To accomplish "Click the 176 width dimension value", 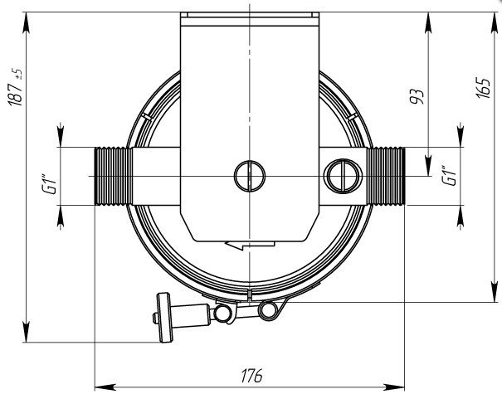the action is pyautogui.click(x=251, y=375).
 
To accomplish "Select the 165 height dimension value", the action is pyautogui.click(x=484, y=88).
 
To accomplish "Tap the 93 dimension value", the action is pyautogui.click(x=417, y=96).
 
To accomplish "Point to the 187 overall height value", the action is pyautogui.click(x=15, y=94).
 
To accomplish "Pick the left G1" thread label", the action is pyautogui.click(x=49, y=184).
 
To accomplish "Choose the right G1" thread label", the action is pyautogui.click(x=449, y=175).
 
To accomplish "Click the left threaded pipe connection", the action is pyautogui.click(x=114, y=176).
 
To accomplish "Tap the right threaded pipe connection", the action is pyautogui.click(x=386, y=176).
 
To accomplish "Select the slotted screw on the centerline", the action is pyautogui.click(x=250, y=176).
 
